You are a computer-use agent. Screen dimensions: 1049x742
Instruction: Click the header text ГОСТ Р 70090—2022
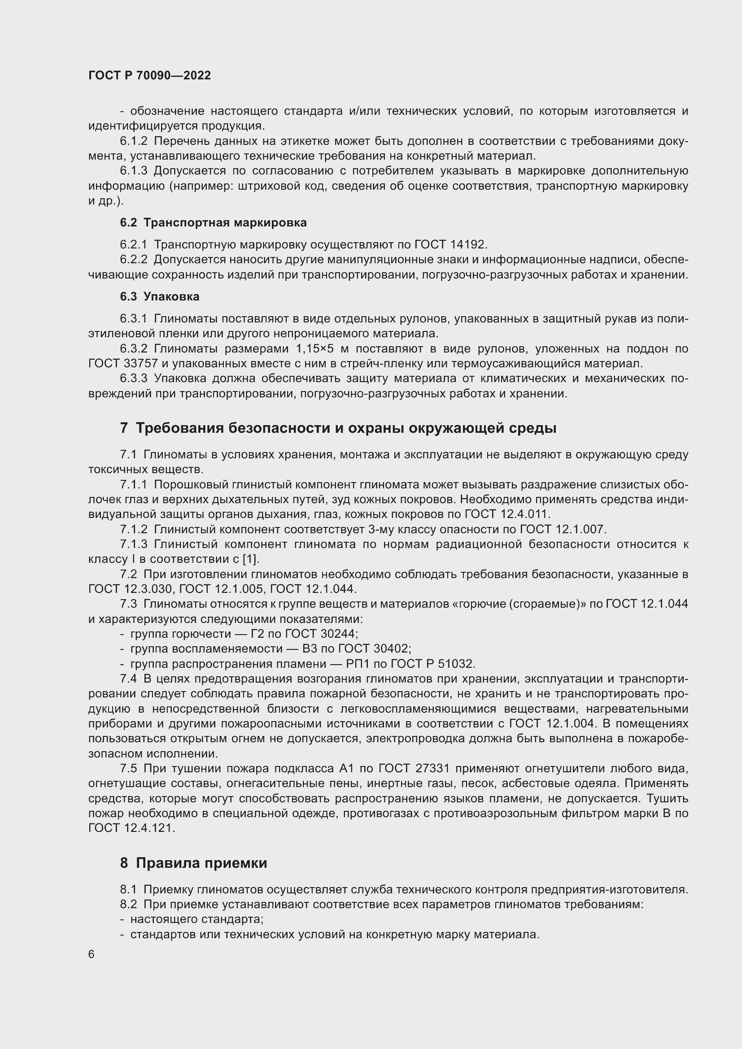tap(149, 76)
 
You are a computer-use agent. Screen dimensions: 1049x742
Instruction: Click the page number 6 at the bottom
tap(92, 954)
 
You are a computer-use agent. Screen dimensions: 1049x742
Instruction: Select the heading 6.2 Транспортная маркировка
tap(214, 223)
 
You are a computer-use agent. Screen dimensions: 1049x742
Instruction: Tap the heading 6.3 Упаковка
tap(159, 297)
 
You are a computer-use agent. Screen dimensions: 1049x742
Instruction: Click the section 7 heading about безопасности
tap(338, 428)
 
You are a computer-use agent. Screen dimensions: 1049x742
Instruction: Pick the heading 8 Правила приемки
tap(193, 863)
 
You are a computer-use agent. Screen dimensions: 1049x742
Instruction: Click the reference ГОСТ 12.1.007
tap(563, 530)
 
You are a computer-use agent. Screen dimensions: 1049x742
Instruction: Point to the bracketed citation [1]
tap(250, 559)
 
